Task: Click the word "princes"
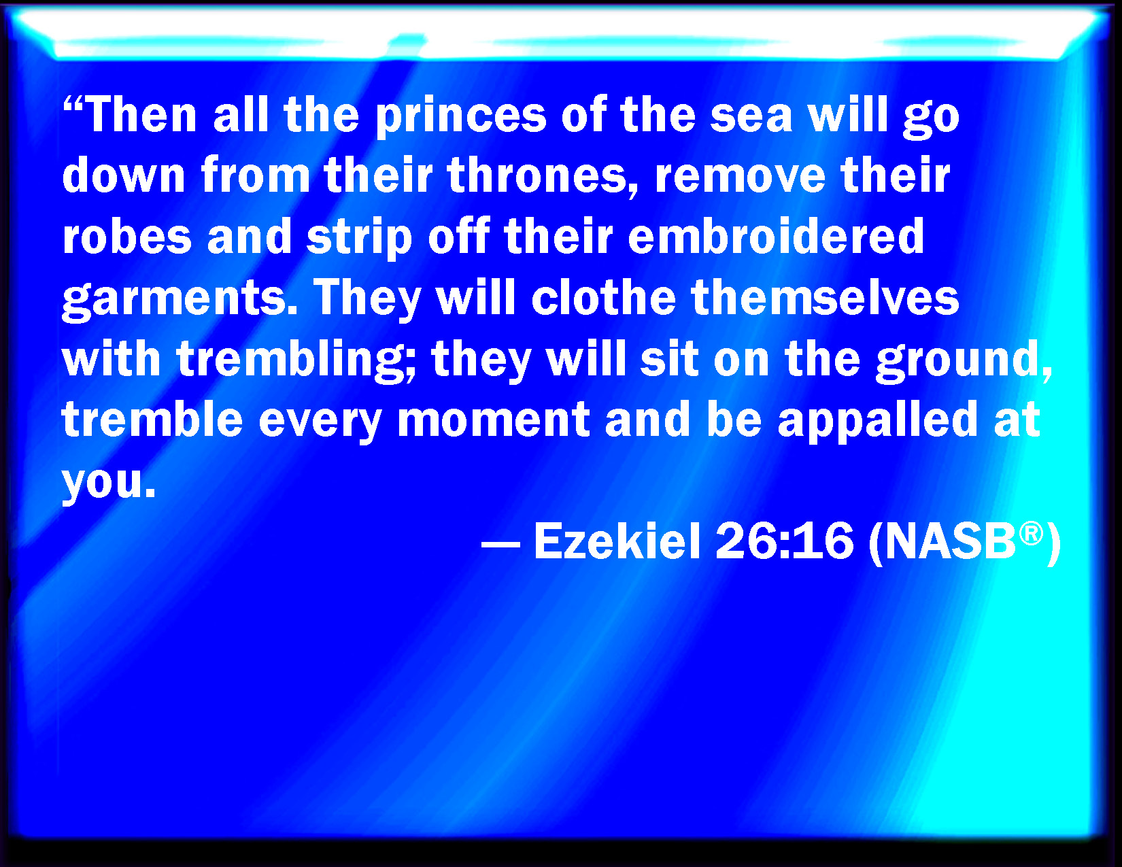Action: coord(460,117)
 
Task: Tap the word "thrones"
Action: coord(537,175)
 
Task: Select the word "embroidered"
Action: coord(775,236)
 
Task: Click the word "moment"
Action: coord(494,420)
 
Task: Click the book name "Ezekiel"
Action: coord(617,541)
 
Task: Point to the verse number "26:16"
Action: coord(784,541)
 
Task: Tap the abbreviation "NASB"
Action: coord(951,541)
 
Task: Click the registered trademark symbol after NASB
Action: coord(1031,533)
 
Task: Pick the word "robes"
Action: coord(127,236)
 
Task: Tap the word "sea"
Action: coord(751,118)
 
